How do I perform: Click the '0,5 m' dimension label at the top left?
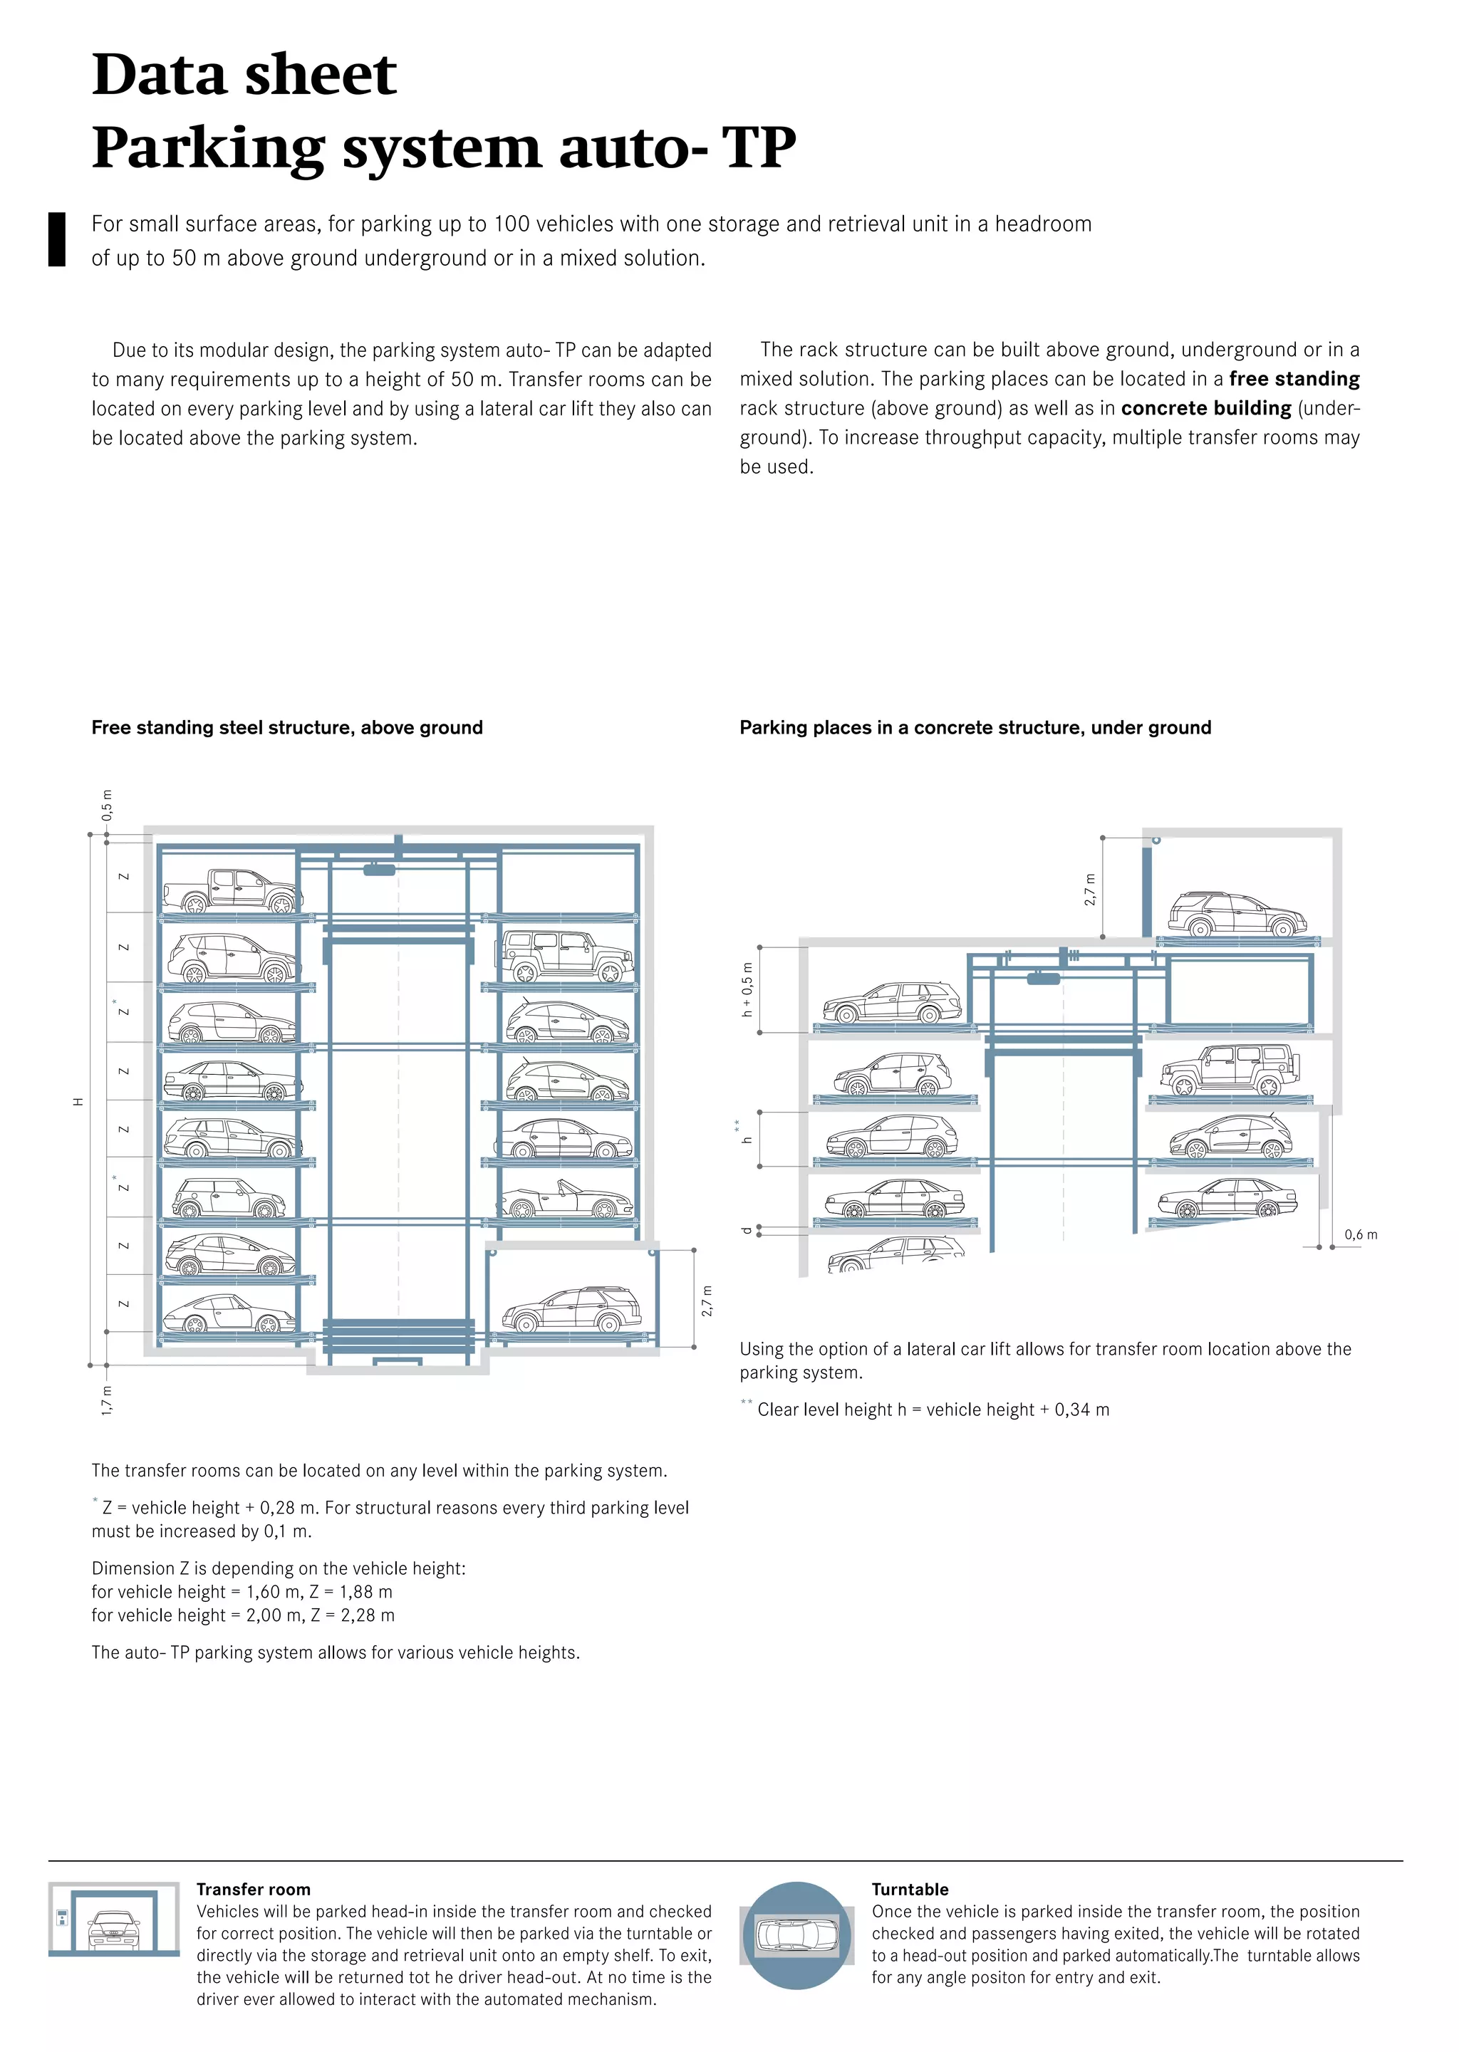click(107, 805)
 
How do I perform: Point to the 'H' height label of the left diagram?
click(78, 1102)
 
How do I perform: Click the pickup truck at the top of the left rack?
click(232, 891)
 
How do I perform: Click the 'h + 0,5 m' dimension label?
click(747, 989)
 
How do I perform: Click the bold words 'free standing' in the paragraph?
click(1294, 379)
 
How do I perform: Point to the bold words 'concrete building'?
click(1205, 409)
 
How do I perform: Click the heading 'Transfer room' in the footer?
click(254, 1890)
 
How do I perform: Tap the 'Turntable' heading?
click(909, 1890)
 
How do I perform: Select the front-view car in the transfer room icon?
click(114, 1929)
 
